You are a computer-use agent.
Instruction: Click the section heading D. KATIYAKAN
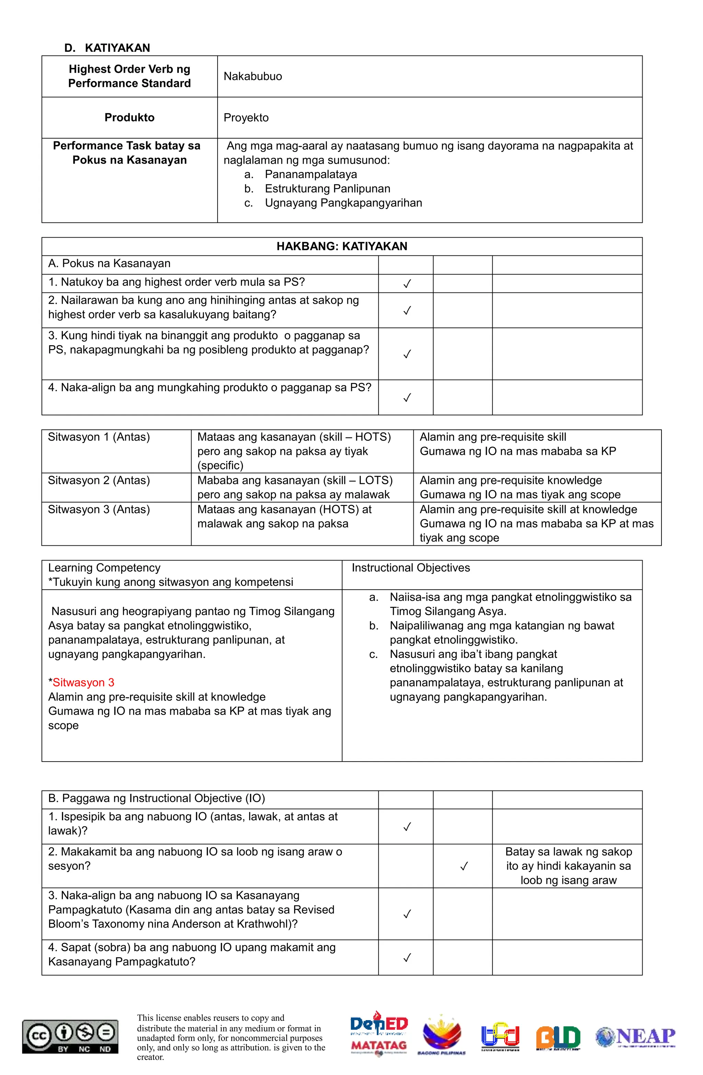107,48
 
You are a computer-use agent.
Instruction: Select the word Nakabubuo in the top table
253,76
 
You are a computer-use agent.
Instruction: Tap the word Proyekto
246,118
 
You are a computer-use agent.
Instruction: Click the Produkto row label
129,118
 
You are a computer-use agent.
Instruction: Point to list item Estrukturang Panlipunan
327,189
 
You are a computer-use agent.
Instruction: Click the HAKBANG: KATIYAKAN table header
342,246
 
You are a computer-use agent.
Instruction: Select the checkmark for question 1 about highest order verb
407,284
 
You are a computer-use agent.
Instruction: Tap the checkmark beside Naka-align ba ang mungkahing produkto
407,397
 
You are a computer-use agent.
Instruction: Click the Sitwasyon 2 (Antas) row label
99,480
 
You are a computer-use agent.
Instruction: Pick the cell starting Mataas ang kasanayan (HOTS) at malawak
285,516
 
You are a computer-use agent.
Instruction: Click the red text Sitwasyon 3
83,682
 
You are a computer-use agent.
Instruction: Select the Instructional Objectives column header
411,568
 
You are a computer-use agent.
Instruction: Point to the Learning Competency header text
104,568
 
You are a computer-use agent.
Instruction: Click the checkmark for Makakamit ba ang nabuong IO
463,866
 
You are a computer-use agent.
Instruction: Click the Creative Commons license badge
70,1037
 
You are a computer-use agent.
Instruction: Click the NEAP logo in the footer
636,1037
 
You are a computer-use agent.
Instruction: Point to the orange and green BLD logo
558,1038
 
